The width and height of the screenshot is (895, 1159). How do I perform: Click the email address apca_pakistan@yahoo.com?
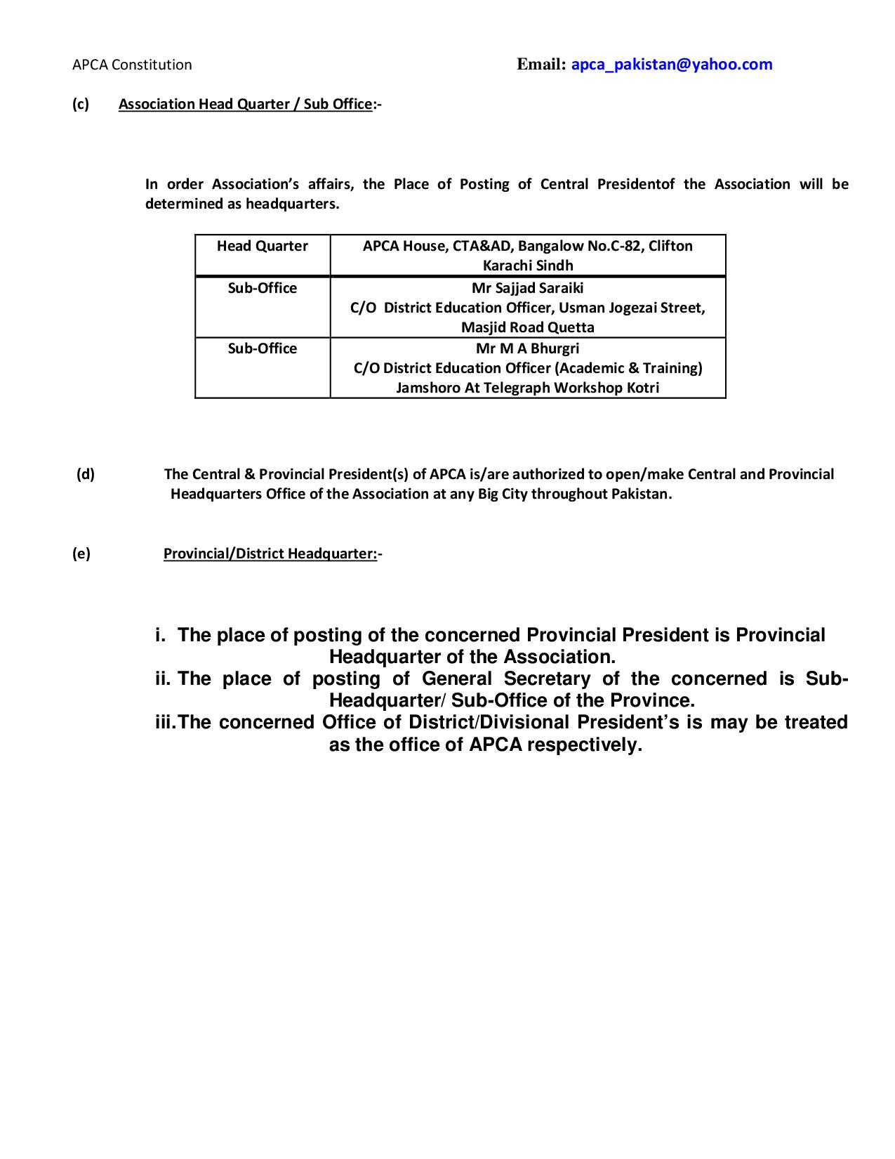point(671,65)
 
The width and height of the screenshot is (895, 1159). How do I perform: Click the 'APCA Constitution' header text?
point(132,65)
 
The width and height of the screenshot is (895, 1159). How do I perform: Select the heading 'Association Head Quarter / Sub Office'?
point(245,104)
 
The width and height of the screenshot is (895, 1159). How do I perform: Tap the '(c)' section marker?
point(81,104)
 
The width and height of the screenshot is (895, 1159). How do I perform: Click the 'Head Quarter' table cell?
point(262,246)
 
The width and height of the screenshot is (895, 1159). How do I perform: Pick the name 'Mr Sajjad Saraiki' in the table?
point(527,288)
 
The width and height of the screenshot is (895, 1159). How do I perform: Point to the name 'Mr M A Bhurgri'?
point(527,348)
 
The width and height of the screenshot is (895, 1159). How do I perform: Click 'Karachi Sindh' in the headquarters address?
point(527,266)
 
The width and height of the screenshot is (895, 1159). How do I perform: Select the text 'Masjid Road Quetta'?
point(527,327)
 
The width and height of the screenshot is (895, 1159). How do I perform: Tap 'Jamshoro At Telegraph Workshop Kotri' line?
point(527,388)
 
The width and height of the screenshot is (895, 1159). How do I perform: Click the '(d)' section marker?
point(86,474)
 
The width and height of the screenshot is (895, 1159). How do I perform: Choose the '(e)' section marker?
point(81,554)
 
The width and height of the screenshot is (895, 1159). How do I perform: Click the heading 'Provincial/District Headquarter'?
point(270,554)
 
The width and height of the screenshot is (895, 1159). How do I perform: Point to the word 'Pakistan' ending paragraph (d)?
point(640,494)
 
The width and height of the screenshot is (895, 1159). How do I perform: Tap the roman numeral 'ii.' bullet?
point(163,679)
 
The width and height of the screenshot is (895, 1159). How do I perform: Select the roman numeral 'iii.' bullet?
point(166,722)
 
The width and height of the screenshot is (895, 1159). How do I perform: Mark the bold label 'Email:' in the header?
point(541,65)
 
